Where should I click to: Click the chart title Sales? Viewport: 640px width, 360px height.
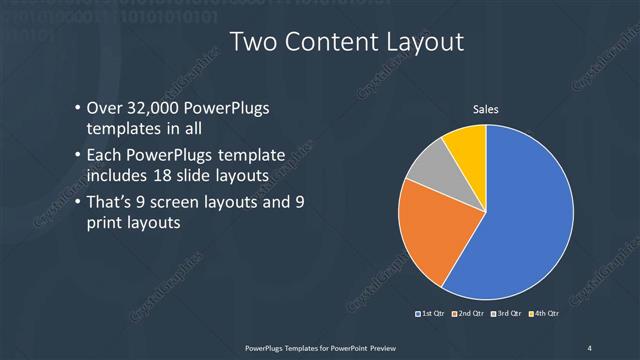click(486, 109)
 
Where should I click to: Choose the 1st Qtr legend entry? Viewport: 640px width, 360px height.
click(432, 314)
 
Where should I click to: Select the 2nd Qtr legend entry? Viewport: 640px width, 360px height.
click(468, 314)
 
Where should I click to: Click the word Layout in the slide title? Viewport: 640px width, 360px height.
click(425, 42)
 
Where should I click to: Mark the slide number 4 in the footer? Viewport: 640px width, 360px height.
click(589, 348)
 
